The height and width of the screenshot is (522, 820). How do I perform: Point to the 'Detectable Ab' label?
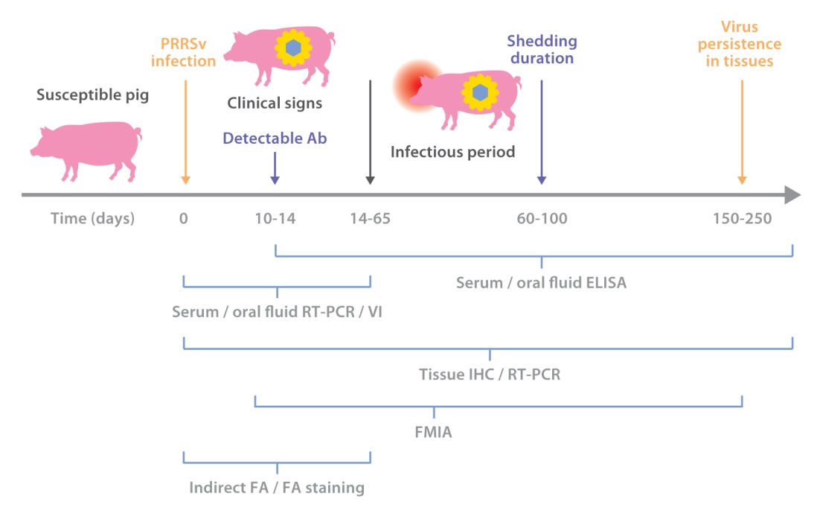click(x=275, y=138)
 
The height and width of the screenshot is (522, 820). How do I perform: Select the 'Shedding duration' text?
click(x=541, y=49)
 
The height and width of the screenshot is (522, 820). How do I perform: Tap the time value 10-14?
click(x=275, y=219)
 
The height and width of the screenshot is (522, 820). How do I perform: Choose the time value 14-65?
click(x=370, y=219)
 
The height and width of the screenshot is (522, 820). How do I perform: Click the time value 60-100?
click(x=542, y=219)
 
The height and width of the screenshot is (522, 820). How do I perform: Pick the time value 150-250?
click(x=742, y=219)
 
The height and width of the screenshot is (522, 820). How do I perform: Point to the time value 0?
click(x=184, y=219)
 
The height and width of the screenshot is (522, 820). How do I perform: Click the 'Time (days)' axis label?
click(x=93, y=219)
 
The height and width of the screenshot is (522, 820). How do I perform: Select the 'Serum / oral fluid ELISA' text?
click(x=541, y=283)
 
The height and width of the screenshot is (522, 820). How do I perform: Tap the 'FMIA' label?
click(x=434, y=430)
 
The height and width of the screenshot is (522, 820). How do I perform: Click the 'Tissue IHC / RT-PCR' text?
click(x=490, y=375)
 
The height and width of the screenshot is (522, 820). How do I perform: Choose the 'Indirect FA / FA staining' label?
click(x=277, y=488)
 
